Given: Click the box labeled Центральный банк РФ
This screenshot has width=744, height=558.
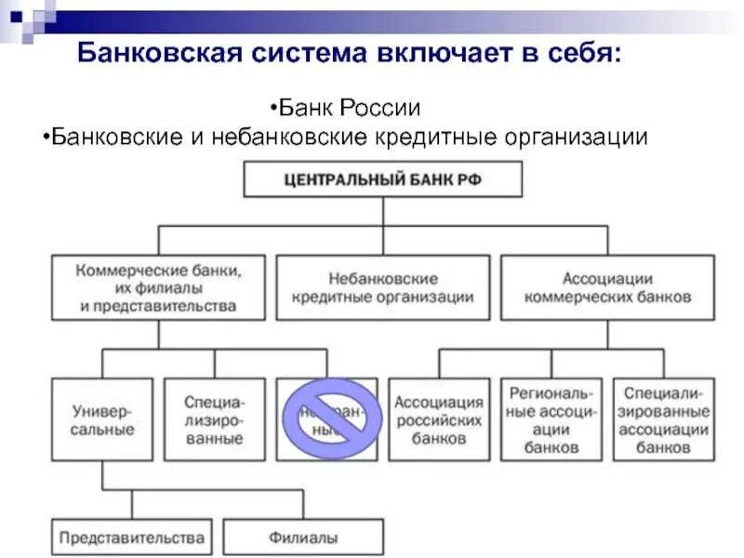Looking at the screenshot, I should (x=382, y=179).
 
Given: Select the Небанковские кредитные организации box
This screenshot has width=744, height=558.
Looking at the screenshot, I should (x=383, y=287).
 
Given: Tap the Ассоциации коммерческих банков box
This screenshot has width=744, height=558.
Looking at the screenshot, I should (x=607, y=287).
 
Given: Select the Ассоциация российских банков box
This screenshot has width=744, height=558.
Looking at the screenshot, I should (x=439, y=418).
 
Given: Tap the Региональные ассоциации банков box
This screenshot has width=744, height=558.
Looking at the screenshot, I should (x=551, y=418).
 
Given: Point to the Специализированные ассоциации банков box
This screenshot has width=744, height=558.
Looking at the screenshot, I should (x=664, y=418).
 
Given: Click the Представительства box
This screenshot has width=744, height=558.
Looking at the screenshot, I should (x=131, y=538).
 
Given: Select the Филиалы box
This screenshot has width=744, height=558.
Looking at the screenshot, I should (x=303, y=538).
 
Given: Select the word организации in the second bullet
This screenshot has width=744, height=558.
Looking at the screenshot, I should (x=576, y=138).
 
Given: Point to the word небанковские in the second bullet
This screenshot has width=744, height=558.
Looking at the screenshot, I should (x=296, y=138).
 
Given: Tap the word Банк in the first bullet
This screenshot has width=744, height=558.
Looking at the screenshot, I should (x=310, y=108).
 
